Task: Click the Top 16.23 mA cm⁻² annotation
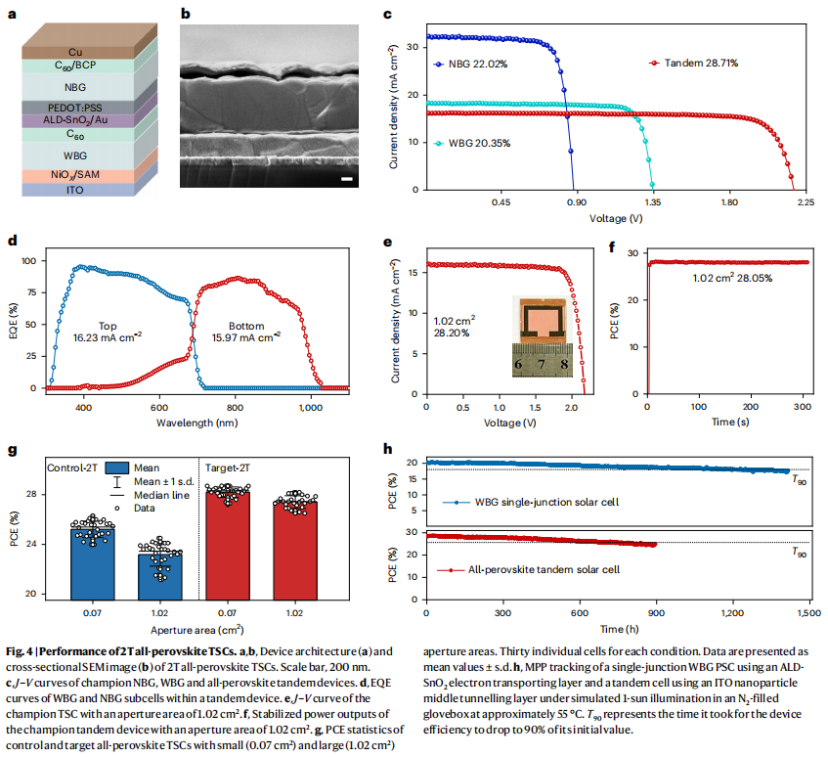(108, 331)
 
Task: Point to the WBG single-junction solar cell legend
(552, 502)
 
